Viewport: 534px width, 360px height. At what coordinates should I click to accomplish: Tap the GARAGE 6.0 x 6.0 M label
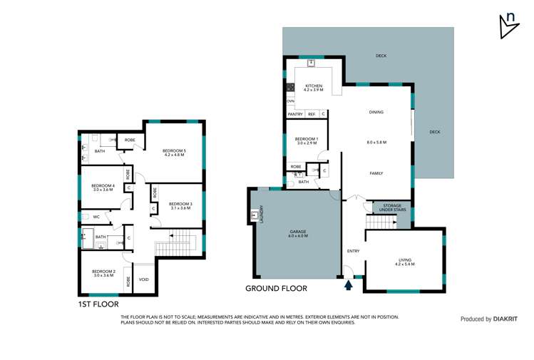(298, 233)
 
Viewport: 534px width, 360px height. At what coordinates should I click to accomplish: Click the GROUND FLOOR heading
(276, 289)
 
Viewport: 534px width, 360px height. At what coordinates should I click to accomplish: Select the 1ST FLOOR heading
(99, 304)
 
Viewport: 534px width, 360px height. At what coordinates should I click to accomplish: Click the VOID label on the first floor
(143, 279)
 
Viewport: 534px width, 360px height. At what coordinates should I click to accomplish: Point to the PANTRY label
(294, 114)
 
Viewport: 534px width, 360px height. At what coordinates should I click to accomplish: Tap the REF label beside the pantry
(311, 114)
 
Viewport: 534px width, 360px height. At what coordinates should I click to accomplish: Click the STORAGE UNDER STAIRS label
(392, 207)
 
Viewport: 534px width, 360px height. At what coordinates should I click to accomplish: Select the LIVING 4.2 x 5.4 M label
(404, 262)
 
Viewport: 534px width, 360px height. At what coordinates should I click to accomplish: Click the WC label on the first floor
(87, 215)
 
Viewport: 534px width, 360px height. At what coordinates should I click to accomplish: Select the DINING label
(376, 112)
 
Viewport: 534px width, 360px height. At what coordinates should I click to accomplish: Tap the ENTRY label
(353, 251)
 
